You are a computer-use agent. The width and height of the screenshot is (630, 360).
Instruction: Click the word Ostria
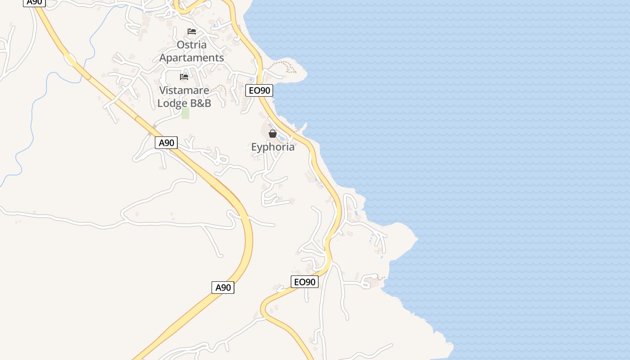coord(192,45)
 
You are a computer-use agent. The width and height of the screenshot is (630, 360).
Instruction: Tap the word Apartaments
coord(192,58)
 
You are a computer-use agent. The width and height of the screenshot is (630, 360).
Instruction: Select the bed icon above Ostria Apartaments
coord(192,31)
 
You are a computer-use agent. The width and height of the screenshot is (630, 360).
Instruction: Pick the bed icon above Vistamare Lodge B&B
coord(184,76)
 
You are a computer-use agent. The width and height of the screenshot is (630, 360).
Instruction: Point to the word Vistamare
coord(184,90)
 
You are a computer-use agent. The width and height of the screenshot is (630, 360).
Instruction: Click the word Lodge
coord(172,103)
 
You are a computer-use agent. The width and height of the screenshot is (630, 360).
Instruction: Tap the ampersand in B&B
coord(200,103)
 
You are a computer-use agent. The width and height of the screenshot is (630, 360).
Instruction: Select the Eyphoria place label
coord(273,147)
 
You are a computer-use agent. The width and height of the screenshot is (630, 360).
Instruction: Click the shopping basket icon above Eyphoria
coord(273,134)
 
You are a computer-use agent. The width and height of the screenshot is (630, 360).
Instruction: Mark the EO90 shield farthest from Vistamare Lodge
coord(305,282)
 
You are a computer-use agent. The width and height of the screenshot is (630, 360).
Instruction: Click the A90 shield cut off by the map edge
coord(35,2)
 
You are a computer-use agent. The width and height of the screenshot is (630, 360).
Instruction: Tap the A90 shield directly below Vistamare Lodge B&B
coord(166,143)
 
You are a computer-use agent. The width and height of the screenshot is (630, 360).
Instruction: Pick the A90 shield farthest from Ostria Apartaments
coord(223,288)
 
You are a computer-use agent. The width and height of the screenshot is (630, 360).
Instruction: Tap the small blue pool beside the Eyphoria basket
coord(282,138)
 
